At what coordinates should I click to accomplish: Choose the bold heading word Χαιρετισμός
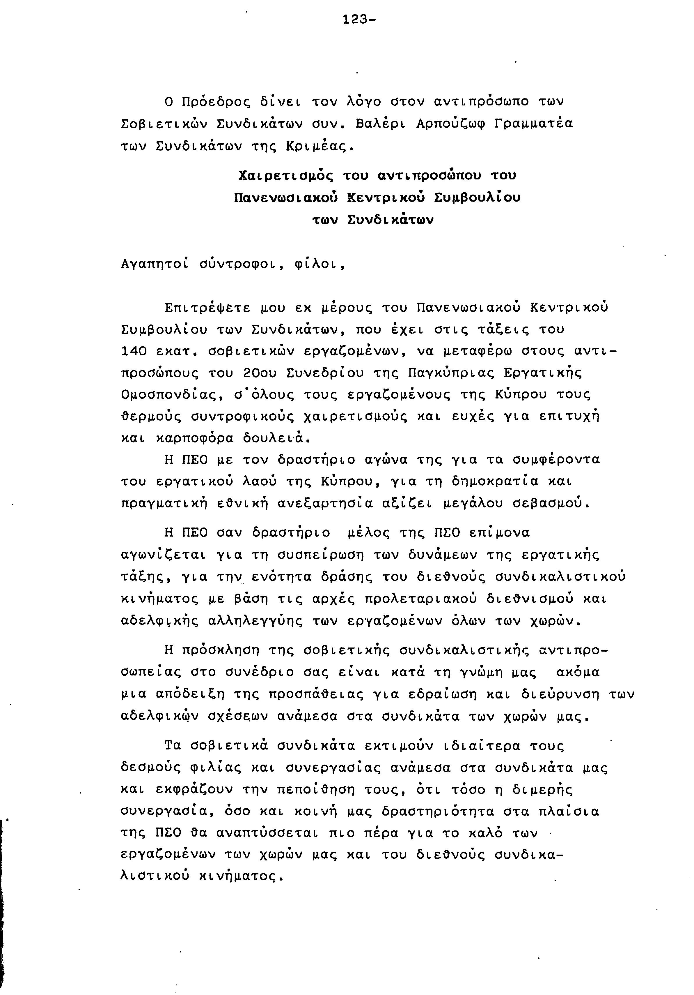[286, 176]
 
